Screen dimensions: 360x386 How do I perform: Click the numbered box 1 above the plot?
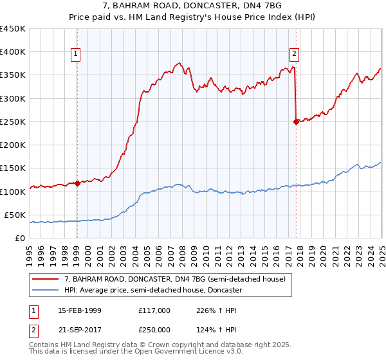pyautogui.click(x=76, y=54)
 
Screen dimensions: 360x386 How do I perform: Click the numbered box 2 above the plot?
pyautogui.click(x=294, y=54)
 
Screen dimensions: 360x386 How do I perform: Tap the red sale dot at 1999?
pyautogui.click(x=77, y=183)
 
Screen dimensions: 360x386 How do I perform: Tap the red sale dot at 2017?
pyautogui.click(x=296, y=122)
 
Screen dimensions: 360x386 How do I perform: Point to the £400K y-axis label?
pyautogui.click(x=13, y=52)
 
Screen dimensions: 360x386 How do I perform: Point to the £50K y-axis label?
pyautogui.click(x=15, y=215)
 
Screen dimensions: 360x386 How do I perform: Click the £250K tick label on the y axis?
pyautogui.click(x=13, y=122)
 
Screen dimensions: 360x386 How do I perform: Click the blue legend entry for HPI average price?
pyautogui.click(x=152, y=290)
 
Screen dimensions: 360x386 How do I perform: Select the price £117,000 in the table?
pyautogui.click(x=154, y=310)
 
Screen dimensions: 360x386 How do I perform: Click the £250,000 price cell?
pyautogui.click(x=154, y=330)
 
